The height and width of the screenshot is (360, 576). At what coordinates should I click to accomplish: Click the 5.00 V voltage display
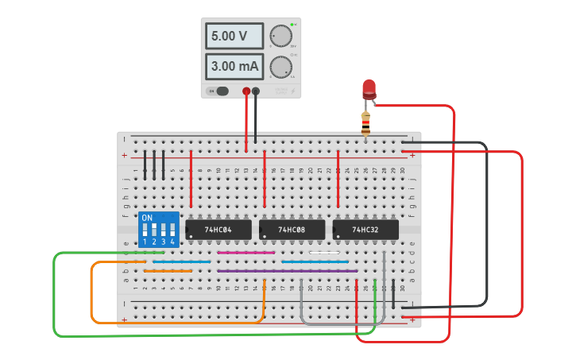tap(235, 36)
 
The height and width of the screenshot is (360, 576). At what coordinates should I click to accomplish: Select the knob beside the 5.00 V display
tap(280, 36)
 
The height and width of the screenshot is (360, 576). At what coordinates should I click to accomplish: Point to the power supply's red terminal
tap(246, 91)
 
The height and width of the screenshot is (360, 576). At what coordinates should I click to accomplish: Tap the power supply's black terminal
tap(256, 91)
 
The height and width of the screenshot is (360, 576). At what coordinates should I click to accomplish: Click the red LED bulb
tap(369, 89)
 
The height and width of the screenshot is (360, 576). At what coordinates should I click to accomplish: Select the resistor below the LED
tap(365, 122)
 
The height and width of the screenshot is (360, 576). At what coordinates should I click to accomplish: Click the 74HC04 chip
tap(218, 230)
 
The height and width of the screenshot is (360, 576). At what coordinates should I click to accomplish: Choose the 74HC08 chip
tap(292, 230)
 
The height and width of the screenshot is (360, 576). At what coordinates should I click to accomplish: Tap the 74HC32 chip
tap(365, 230)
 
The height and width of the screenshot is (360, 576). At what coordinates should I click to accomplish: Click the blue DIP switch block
tap(157, 229)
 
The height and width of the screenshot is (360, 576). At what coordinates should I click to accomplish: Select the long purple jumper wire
tap(286, 271)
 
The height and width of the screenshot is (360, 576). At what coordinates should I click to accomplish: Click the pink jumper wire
tap(245, 253)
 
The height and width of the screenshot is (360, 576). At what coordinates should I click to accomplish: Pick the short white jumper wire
tap(324, 253)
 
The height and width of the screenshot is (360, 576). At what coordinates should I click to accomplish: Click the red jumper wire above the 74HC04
tap(191, 183)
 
